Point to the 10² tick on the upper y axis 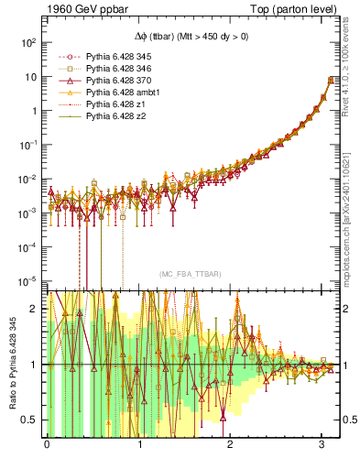point(29,43)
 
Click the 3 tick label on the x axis point(322,446)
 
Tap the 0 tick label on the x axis point(47,446)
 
